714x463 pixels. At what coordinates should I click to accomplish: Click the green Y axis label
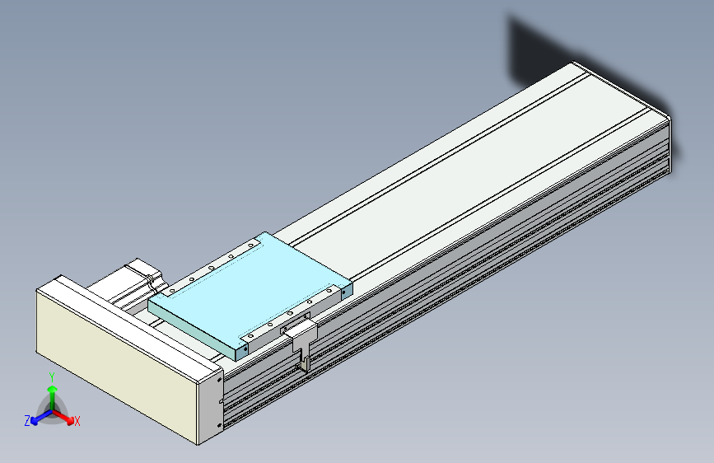click(52, 377)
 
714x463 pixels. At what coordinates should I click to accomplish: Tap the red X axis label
click(77, 421)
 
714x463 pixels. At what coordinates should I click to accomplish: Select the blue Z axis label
click(27, 421)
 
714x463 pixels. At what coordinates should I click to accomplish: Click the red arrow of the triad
click(63, 417)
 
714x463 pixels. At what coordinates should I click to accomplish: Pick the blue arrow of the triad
click(42, 417)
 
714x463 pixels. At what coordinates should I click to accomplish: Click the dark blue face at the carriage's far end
click(347, 291)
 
